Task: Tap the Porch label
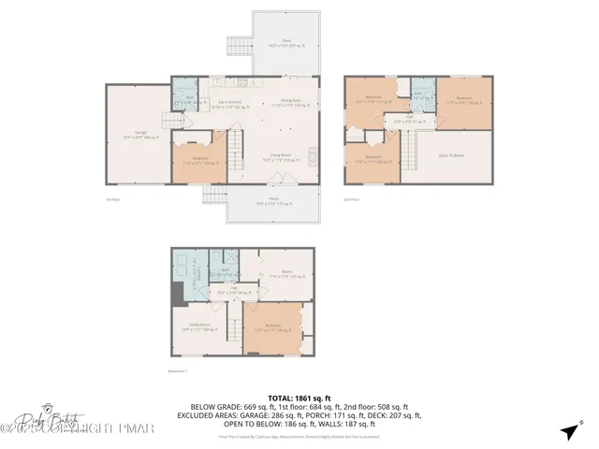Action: point(274,203)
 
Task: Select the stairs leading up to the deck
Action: point(238,44)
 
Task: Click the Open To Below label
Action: point(453,156)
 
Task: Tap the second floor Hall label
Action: point(409,120)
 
